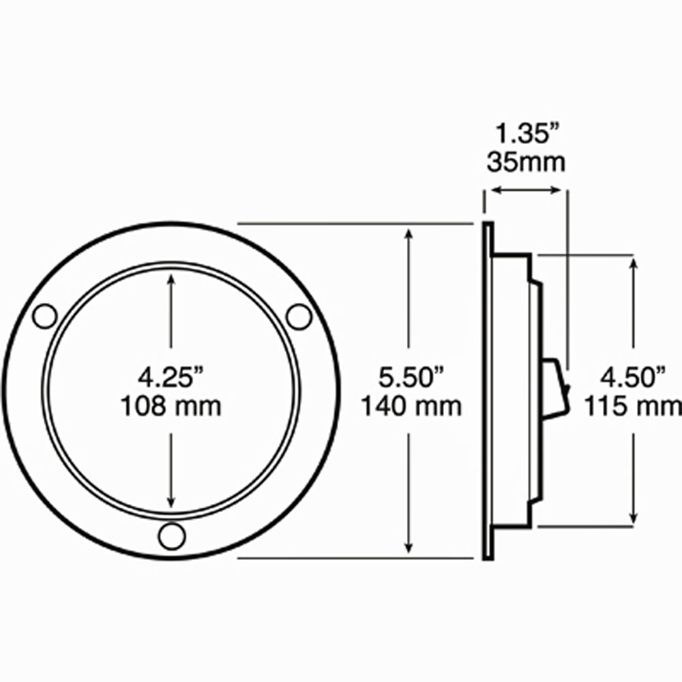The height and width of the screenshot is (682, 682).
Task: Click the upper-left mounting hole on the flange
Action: (45, 316)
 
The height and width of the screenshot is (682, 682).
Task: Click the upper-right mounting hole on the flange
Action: (299, 316)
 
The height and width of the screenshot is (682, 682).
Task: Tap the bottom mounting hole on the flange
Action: (171, 536)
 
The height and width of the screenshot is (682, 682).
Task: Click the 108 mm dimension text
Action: (171, 406)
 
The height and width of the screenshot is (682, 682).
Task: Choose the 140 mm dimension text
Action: (411, 406)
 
